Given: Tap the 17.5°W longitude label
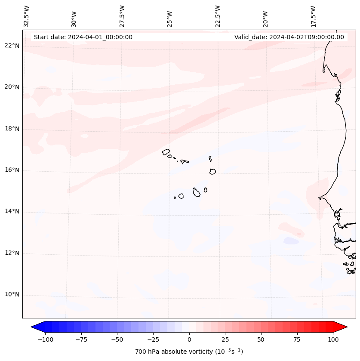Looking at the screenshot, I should (313, 16).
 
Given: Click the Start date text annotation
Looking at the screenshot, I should (83, 37).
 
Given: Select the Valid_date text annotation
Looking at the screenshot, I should (289, 37).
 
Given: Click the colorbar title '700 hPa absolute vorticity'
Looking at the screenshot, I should (189, 352).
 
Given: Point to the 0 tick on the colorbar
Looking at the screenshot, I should (189, 339).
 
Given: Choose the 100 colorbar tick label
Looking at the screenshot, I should (333, 339).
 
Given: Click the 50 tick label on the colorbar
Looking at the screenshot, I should (261, 339).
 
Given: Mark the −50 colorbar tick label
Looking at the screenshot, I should (117, 339).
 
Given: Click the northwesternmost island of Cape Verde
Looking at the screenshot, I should (166, 152).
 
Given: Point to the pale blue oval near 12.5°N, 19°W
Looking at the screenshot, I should (291, 241).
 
